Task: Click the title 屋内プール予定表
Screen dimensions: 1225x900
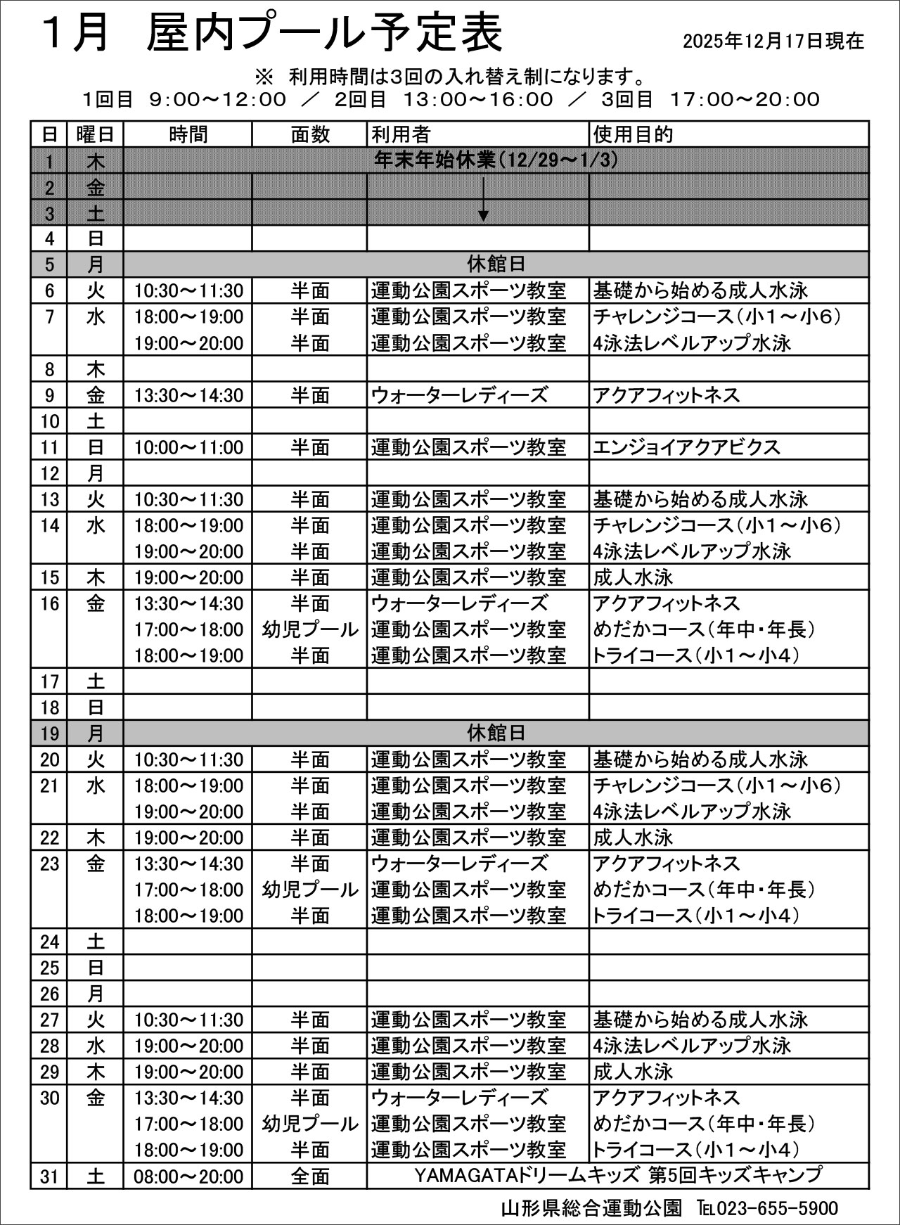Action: pyautogui.click(x=324, y=34)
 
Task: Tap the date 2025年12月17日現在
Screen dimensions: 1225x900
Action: pyautogui.click(x=773, y=41)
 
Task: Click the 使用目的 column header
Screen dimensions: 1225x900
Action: pyautogui.click(x=633, y=134)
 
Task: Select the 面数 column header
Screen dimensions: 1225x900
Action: pyautogui.click(x=310, y=134)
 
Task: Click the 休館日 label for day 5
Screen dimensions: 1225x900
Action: pyautogui.click(x=496, y=264)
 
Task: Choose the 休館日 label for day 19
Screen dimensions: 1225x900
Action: pyautogui.click(x=496, y=733)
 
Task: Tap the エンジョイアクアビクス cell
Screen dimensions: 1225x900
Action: pyautogui.click(x=686, y=447)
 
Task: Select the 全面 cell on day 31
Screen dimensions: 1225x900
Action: pyautogui.click(x=310, y=1176)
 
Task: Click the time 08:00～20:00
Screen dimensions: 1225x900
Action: pyautogui.click(x=188, y=1176)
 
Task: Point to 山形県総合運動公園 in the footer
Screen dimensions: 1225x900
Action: pyautogui.click(x=591, y=1208)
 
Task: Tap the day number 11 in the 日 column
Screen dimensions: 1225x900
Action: pyautogui.click(x=49, y=447)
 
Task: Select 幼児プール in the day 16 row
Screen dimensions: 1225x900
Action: pyautogui.click(x=310, y=629)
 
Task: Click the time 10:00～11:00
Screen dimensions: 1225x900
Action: pyautogui.click(x=188, y=447)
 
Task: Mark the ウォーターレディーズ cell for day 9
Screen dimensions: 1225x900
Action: pyautogui.click(x=459, y=395)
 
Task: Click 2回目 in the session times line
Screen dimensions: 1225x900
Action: pyautogui.click(x=360, y=99)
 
